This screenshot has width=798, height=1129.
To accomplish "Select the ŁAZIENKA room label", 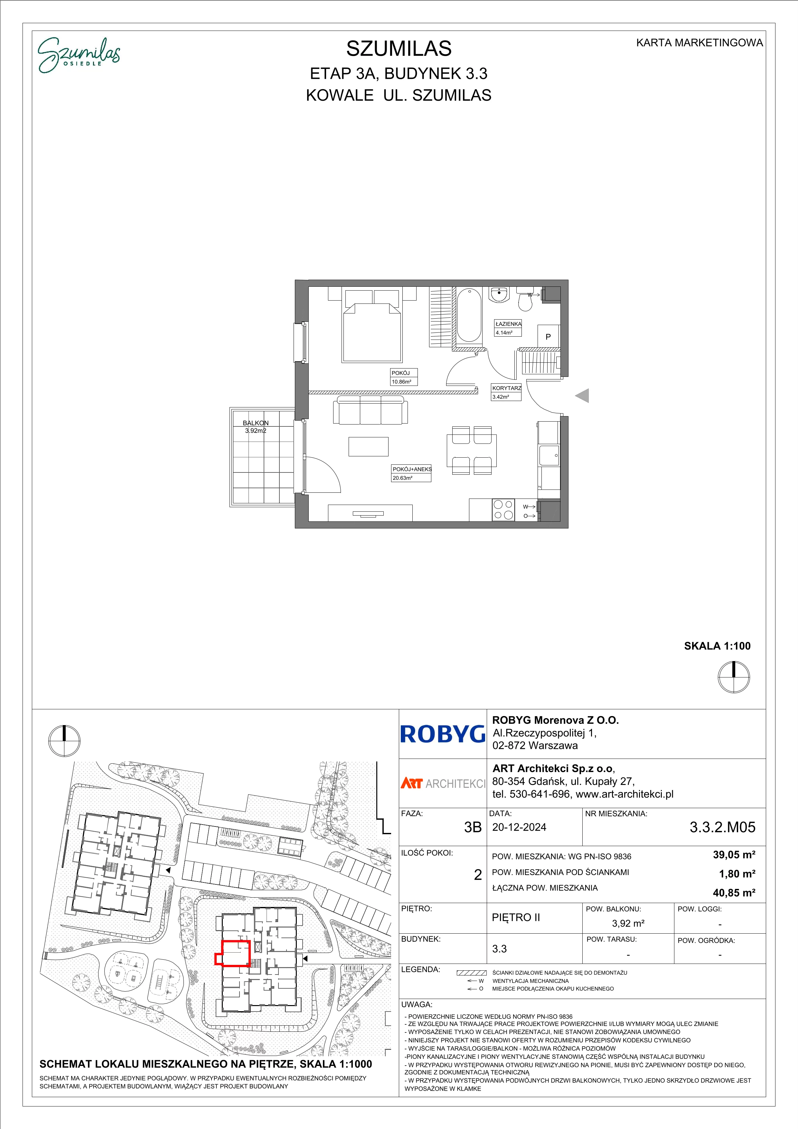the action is click(x=508, y=324).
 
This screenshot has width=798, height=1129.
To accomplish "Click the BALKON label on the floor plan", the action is click(x=256, y=423).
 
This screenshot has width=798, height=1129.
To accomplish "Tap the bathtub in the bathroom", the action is click(x=469, y=315).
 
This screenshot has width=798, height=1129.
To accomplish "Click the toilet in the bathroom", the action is click(x=525, y=298).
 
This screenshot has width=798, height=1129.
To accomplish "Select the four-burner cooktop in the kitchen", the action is click(x=503, y=509).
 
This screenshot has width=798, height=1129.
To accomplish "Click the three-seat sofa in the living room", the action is click(x=370, y=411).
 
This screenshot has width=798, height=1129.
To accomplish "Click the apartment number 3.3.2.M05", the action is click(x=722, y=827).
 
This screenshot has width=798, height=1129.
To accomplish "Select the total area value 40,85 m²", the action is click(x=734, y=892).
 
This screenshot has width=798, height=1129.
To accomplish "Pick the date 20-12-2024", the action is click(x=519, y=827).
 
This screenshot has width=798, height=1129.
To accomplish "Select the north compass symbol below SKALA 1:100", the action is click(x=734, y=677).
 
